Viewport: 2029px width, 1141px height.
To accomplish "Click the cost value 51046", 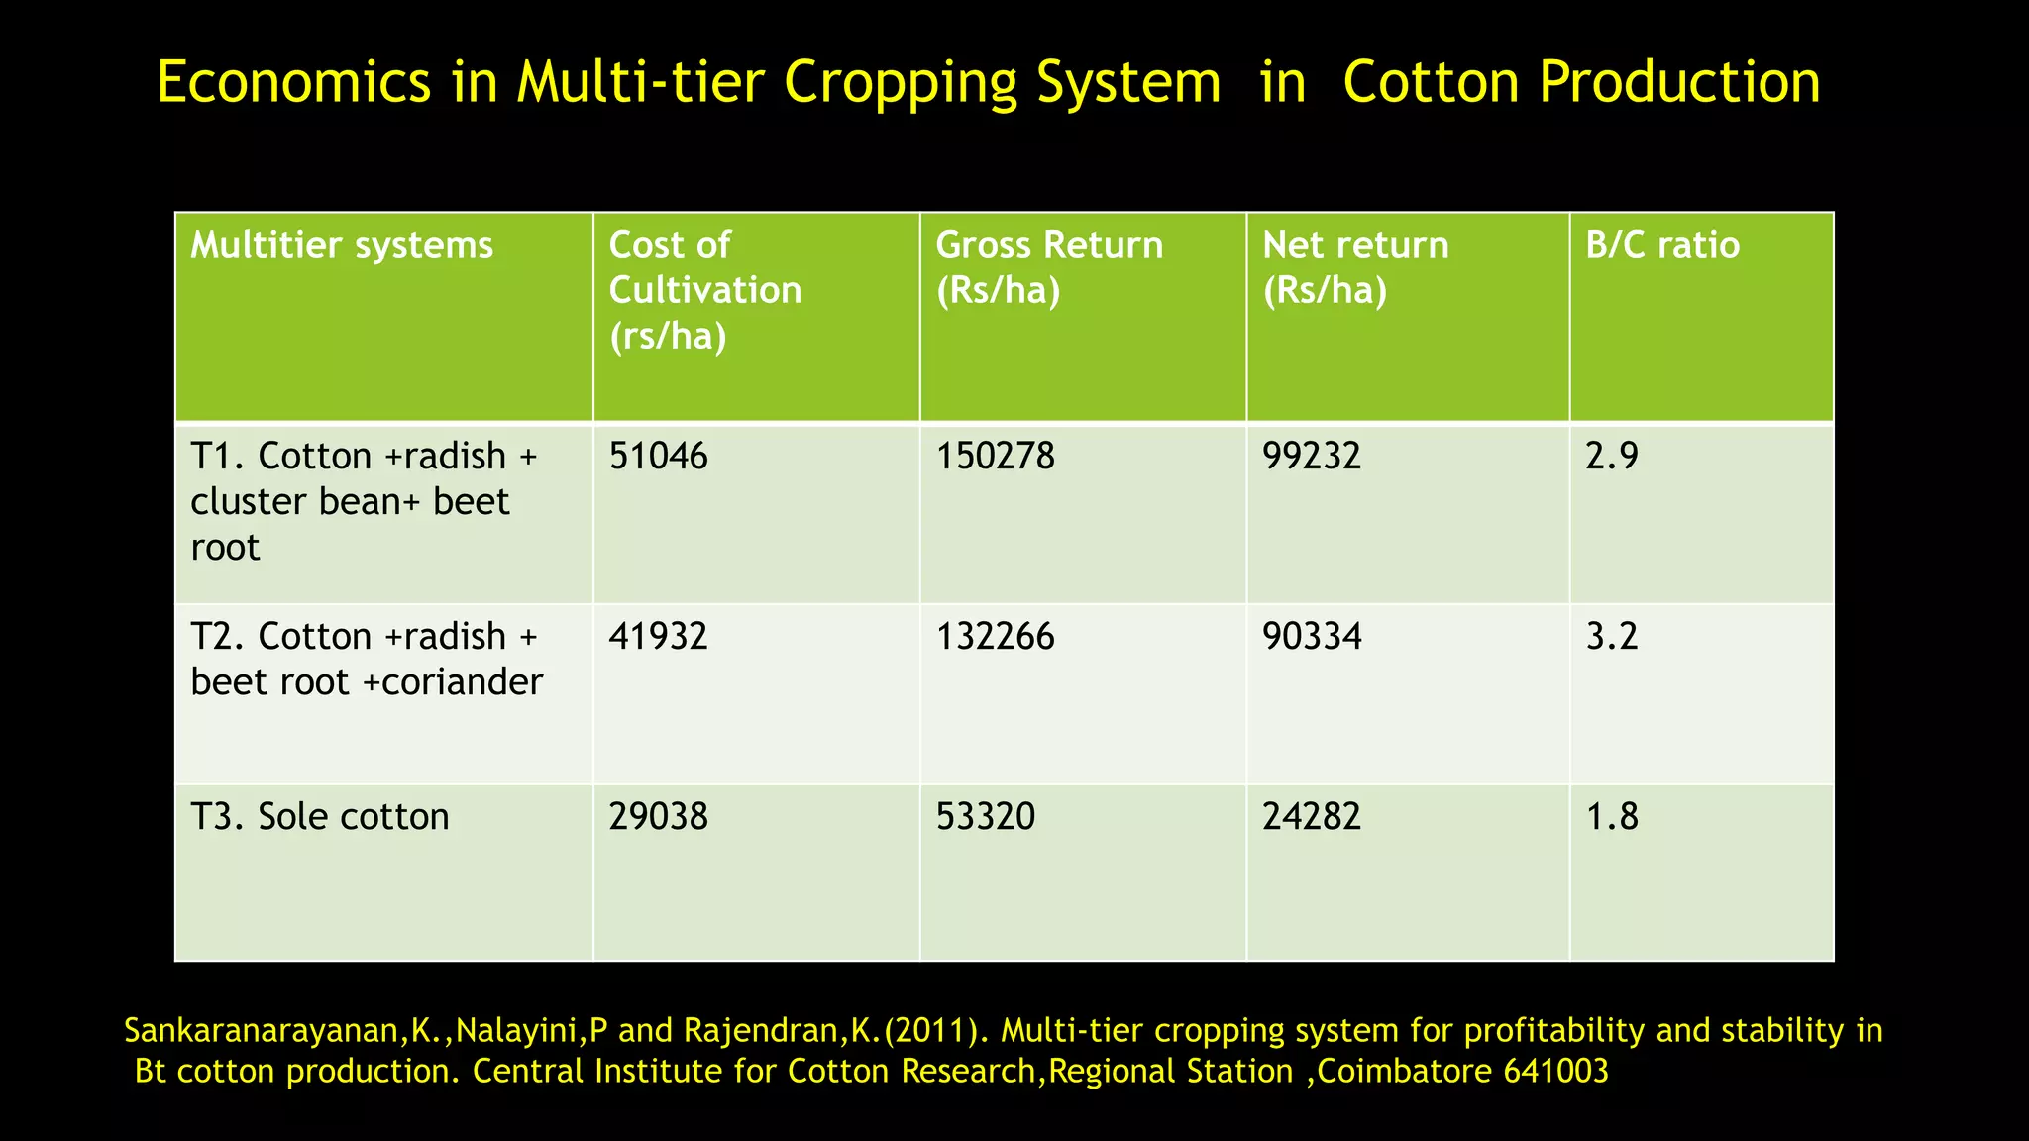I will point(658,457).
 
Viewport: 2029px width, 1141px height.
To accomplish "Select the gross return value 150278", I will point(995,457).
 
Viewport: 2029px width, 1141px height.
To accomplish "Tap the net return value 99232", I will point(1312,457).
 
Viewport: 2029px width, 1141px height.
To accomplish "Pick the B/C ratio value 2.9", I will point(1612,457).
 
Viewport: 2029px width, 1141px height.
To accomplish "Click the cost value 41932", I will point(658,636).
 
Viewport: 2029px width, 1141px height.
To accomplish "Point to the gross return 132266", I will point(995,636).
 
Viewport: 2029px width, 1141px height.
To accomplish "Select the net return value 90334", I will point(1312,636).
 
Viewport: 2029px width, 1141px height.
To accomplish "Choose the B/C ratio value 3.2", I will point(1612,636).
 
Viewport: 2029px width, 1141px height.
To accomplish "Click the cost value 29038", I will point(658,817).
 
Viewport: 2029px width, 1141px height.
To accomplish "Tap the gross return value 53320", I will point(985,817).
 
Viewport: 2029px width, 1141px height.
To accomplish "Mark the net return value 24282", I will point(1312,817).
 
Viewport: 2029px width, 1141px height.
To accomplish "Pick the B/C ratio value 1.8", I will point(1612,817).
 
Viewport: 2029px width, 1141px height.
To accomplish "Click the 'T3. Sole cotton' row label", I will point(319,817).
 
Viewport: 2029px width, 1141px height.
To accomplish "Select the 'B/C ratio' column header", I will point(1661,245).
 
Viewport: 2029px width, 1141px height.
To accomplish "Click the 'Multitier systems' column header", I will point(341,245).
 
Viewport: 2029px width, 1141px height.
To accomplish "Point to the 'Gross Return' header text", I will point(1048,245).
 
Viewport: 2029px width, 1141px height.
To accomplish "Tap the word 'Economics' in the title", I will point(293,83).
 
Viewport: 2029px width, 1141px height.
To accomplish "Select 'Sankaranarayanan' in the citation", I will point(261,1032).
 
